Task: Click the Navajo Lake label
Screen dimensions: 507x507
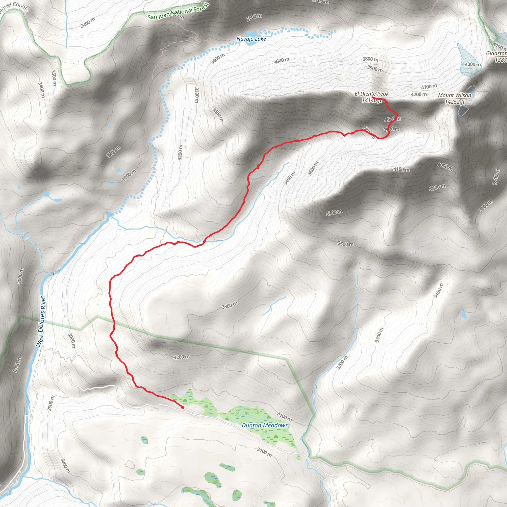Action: [x=251, y=39]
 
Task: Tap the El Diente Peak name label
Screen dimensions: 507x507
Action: [x=372, y=94]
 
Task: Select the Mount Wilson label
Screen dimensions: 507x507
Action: [x=455, y=95]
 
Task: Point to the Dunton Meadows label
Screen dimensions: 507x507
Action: [x=265, y=425]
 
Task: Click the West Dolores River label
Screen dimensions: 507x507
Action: [x=41, y=322]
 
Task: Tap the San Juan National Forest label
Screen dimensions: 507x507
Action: [x=178, y=12]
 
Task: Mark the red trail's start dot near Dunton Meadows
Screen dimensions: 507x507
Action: [x=183, y=407]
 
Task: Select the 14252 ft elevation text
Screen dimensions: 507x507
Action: [x=455, y=102]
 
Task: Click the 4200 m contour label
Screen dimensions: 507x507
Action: [x=419, y=94]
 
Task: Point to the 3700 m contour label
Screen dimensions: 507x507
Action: [x=334, y=213]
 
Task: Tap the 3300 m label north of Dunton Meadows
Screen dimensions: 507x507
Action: [x=230, y=305]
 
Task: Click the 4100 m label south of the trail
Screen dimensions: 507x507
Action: [x=401, y=170]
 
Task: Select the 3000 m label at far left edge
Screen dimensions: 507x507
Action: [x=21, y=276]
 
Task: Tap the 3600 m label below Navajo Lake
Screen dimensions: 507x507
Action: [x=281, y=61]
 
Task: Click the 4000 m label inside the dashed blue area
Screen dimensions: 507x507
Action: [x=473, y=64]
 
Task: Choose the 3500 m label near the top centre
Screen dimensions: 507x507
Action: [x=254, y=18]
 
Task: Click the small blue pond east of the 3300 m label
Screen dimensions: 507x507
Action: [x=463, y=314]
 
